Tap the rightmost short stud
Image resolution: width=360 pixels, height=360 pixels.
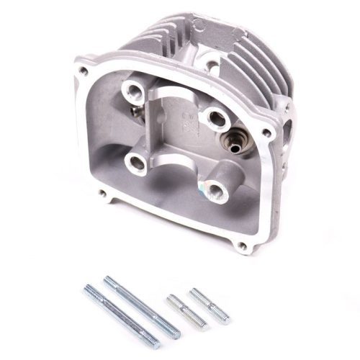pyautogui.click(x=210, y=305)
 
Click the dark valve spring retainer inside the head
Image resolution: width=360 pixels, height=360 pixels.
pyautogui.click(x=236, y=142)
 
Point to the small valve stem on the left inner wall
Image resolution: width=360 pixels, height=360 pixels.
pyautogui.click(x=135, y=112)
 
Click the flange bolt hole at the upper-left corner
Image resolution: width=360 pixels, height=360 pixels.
pyautogui.click(x=84, y=72)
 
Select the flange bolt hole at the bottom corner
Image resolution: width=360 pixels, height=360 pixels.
pyautogui.click(x=242, y=246)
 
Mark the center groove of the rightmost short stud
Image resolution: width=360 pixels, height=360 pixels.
pyautogui.click(x=210, y=305)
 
